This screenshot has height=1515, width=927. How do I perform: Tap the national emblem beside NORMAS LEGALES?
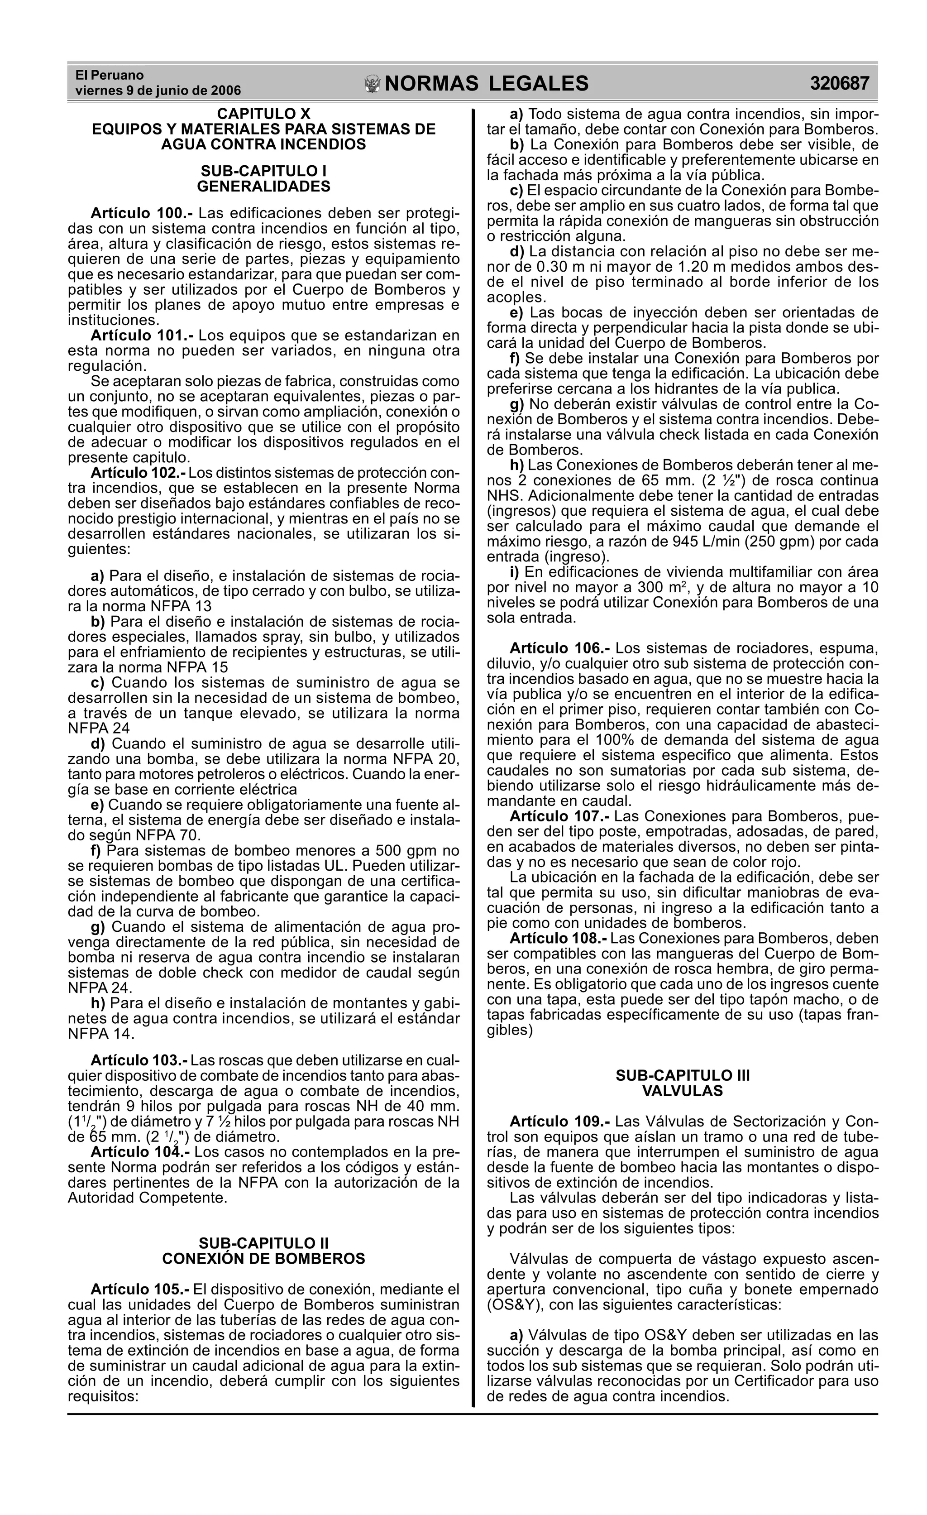pyautogui.click(x=373, y=84)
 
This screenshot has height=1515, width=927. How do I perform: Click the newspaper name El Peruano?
pyautogui.click(x=110, y=75)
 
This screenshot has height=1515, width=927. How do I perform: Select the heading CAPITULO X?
pyautogui.click(x=264, y=114)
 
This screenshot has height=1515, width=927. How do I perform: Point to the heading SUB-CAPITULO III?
pyautogui.click(x=682, y=1075)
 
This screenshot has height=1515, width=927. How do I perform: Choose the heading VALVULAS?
pyautogui.click(x=682, y=1091)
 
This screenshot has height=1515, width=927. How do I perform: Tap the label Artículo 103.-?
pyautogui.click(x=139, y=1060)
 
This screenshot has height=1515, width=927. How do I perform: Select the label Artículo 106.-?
pyautogui.click(x=559, y=648)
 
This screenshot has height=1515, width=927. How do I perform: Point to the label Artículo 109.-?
pyautogui.click(x=559, y=1122)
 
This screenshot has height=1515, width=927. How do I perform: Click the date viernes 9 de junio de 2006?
pyautogui.click(x=158, y=91)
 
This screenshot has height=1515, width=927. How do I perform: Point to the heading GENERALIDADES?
pyautogui.click(x=264, y=186)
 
